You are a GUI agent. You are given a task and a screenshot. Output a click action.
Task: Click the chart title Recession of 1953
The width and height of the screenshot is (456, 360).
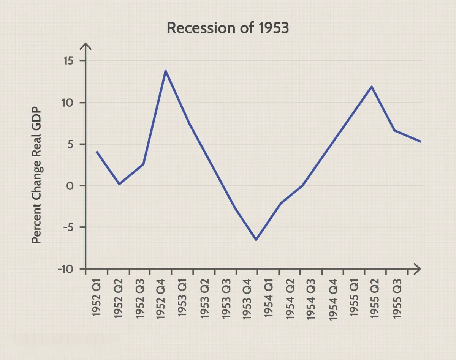(x=228, y=28)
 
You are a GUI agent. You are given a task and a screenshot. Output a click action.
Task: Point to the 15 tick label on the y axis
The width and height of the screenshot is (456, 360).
(x=70, y=61)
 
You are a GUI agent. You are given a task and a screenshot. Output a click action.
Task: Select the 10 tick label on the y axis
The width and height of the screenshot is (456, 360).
(x=70, y=103)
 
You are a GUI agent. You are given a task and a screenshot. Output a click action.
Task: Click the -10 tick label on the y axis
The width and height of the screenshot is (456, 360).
(x=66, y=269)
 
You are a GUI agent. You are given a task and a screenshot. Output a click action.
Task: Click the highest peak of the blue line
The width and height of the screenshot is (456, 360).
(x=166, y=71)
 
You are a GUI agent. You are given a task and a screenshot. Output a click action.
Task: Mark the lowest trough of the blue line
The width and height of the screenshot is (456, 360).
(x=256, y=240)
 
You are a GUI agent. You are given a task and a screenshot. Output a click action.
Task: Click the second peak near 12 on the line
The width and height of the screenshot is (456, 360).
(x=371, y=87)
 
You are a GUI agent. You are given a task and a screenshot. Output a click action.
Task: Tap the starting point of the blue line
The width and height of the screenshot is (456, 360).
(x=97, y=152)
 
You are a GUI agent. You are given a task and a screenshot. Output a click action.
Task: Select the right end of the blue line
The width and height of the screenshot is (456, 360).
(x=420, y=142)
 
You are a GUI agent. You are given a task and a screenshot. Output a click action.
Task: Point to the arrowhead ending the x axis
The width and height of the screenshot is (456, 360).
(x=418, y=269)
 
